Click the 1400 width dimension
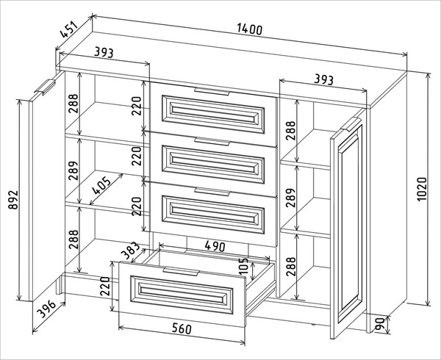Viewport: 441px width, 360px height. (249, 29)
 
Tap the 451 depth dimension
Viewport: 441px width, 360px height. (69, 29)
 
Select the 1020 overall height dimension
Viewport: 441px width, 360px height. (423, 189)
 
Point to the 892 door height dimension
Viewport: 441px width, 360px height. (13, 200)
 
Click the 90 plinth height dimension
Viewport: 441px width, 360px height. (380, 324)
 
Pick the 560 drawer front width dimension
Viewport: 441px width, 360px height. (182, 328)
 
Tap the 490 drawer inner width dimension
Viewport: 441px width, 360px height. (215, 246)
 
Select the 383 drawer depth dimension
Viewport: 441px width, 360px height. (130, 251)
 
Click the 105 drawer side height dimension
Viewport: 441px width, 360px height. (243, 266)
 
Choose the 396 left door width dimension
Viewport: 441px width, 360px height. (47, 309)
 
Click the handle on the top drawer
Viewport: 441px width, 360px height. (212, 91)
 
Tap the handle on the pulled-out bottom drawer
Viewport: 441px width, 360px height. (181, 271)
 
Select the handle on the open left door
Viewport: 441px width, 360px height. (45, 87)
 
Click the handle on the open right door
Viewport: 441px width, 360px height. (351, 124)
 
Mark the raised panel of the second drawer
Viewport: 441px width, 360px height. (213, 164)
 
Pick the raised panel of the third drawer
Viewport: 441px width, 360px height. (213, 214)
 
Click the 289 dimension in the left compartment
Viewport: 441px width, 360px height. (73, 170)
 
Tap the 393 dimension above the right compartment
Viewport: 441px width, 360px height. (323, 80)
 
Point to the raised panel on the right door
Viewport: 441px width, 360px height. (350, 224)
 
